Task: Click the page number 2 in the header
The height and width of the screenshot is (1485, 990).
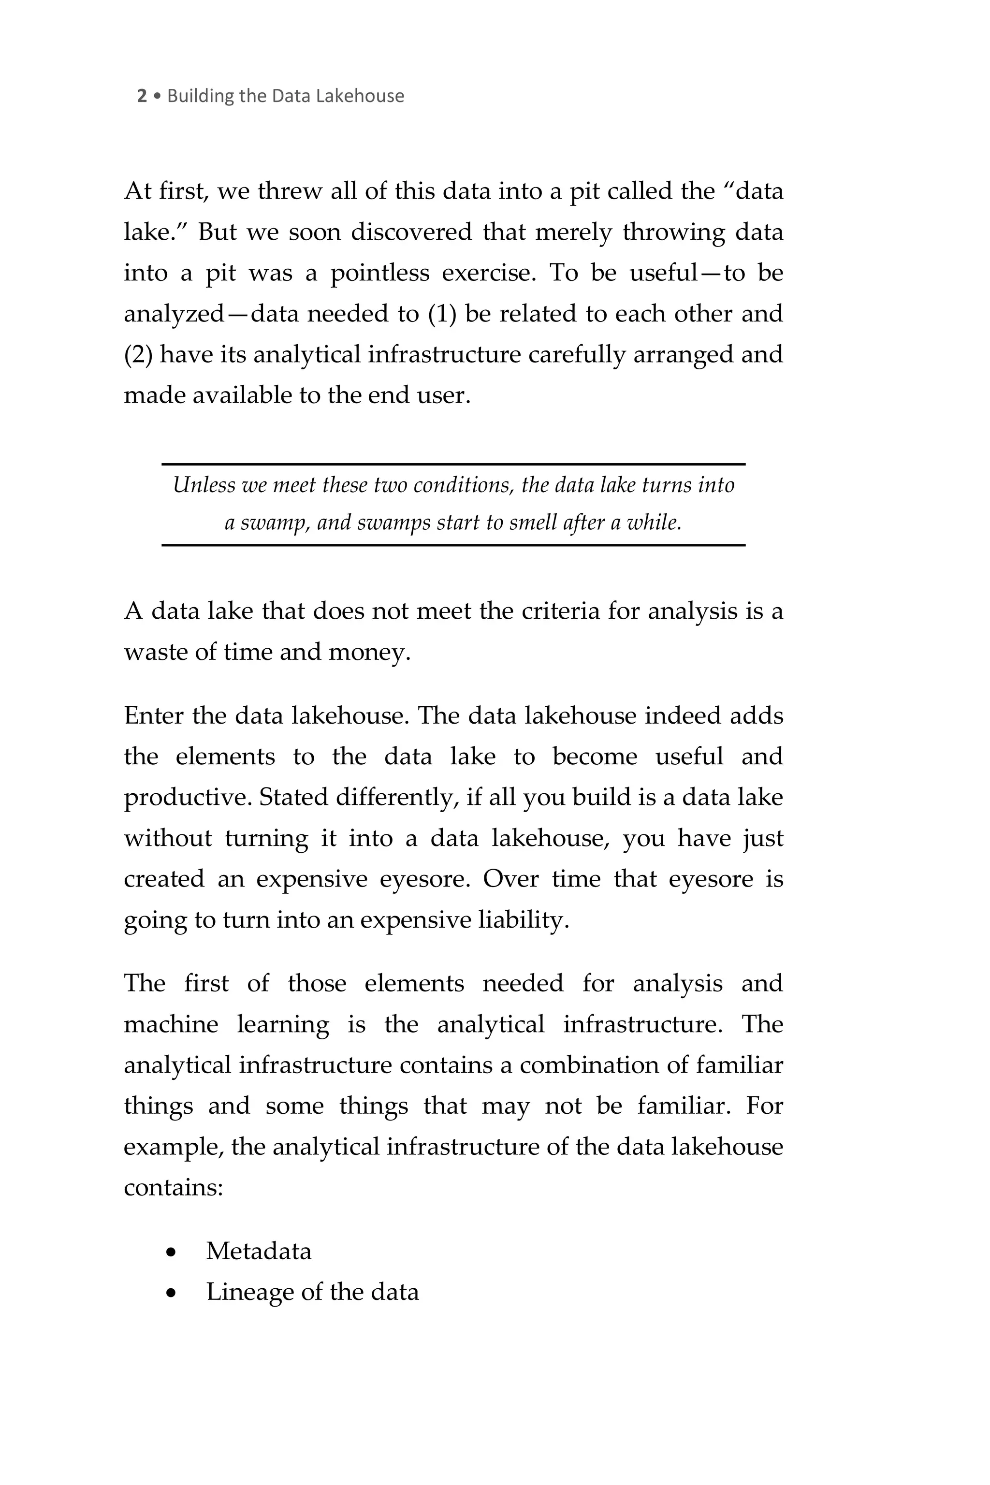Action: click(142, 96)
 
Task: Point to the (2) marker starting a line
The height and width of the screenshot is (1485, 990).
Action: click(138, 355)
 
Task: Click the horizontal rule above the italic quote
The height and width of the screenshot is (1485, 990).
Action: click(453, 464)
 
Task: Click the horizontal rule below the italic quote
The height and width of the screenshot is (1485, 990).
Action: click(453, 544)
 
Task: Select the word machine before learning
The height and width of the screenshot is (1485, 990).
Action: click(171, 1024)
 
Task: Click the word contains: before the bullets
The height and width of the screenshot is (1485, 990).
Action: click(174, 1188)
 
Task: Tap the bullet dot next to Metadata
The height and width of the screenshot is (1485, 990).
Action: click(171, 1252)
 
